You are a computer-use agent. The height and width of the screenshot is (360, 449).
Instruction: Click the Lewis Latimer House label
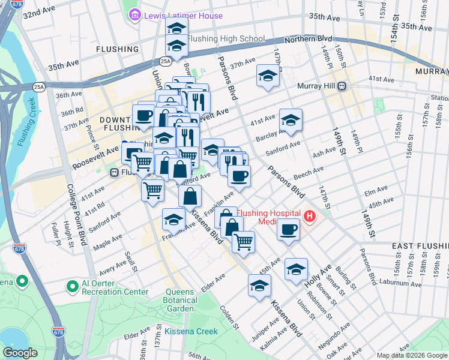[x=183, y=16]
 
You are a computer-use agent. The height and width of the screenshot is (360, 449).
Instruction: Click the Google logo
[x=20, y=353]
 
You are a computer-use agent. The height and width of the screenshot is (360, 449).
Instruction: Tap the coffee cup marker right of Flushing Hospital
[x=289, y=229]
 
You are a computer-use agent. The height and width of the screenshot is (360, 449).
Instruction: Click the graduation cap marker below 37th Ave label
[x=268, y=76]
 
